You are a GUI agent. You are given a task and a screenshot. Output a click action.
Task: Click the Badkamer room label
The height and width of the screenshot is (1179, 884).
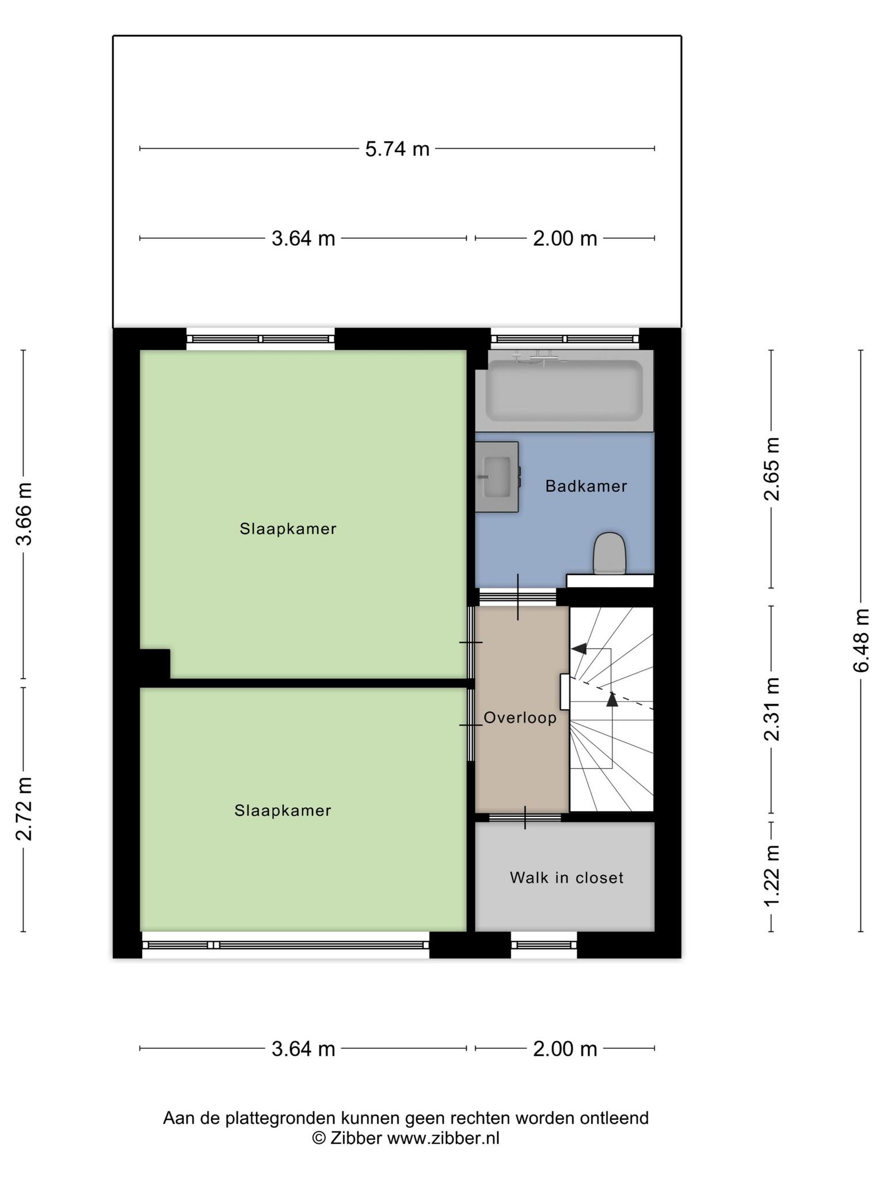point(586,486)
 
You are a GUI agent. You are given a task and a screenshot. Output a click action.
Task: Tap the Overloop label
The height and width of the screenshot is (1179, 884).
point(520,718)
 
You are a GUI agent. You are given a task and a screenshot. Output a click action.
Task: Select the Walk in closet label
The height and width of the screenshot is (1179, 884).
point(566,877)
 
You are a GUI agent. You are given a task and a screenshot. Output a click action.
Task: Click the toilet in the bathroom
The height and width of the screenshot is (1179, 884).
point(609,553)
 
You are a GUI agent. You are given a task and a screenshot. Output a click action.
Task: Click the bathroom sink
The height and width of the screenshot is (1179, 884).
point(497,477)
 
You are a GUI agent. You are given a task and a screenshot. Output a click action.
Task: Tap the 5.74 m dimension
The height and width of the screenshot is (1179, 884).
point(398,149)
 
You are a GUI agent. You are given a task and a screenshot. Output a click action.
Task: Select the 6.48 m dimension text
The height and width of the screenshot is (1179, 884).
point(862,640)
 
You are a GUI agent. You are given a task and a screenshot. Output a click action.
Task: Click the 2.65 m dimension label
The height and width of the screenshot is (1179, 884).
point(772,469)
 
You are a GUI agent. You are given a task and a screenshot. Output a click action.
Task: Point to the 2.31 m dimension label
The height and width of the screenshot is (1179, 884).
point(772,709)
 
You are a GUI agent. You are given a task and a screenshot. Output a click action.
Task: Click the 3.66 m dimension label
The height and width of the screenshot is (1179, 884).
point(24,514)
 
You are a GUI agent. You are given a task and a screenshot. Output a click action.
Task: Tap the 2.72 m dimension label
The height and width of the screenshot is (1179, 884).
point(24,808)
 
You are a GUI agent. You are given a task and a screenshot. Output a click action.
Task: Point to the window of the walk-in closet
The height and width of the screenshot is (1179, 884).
point(544,945)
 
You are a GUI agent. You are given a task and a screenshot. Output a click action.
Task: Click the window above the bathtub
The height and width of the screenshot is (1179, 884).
point(565,339)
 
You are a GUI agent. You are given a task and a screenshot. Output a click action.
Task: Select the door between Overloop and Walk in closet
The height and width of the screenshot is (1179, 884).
point(525,817)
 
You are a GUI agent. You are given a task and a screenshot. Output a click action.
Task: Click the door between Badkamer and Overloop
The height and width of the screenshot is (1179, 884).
point(517,597)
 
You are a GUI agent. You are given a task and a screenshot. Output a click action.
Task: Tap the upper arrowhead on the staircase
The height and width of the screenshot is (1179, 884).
point(579,648)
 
